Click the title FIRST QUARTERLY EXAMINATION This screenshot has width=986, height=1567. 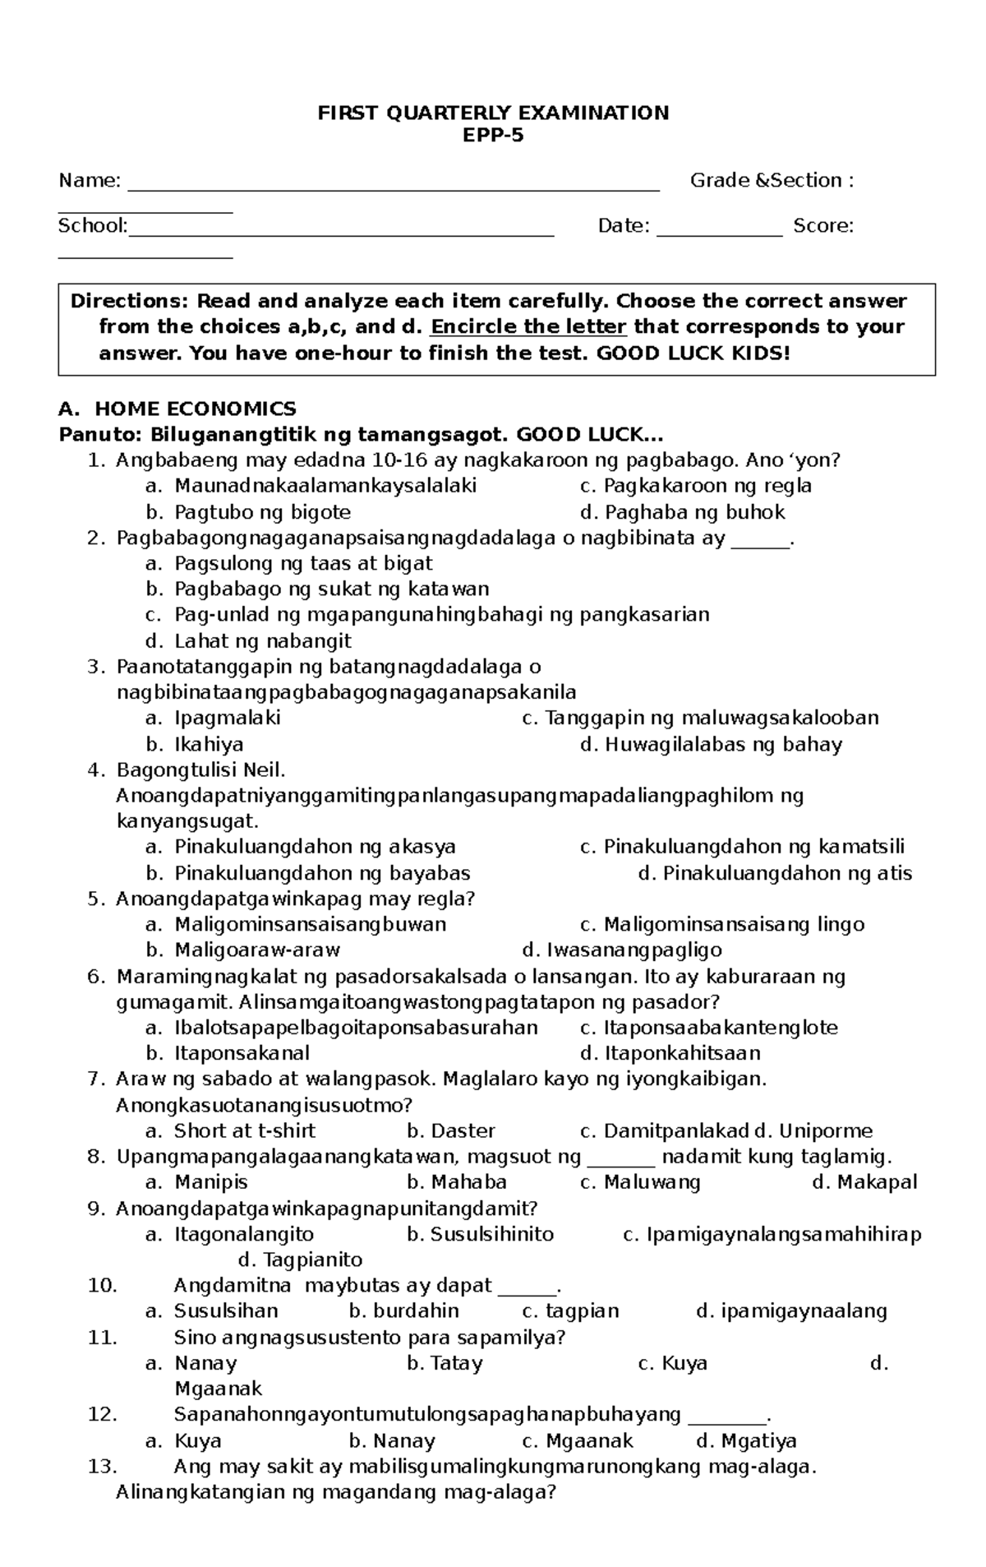coord(493,113)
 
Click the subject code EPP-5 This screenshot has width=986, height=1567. coord(493,136)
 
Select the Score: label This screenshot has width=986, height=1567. coord(822,226)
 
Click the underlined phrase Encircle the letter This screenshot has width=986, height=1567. coord(528,326)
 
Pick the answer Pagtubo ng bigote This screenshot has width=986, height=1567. coord(262,512)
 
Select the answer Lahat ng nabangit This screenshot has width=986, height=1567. coord(262,640)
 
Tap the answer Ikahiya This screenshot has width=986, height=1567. coord(209,744)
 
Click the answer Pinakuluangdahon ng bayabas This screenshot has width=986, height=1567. coord(322,872)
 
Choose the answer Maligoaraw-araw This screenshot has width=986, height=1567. coord(256,950)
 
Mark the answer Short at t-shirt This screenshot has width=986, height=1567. coord(244,1130)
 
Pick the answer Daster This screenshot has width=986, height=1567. coord(463,1130)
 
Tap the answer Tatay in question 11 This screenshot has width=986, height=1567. coord(456,1363)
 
